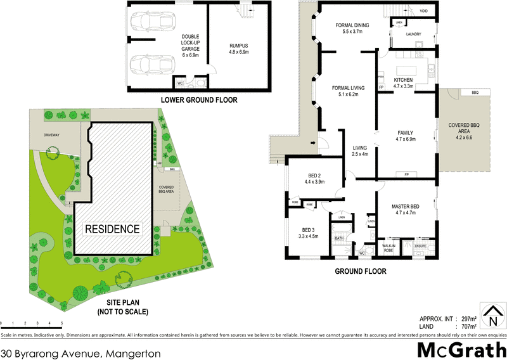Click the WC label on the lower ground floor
180,82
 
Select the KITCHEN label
403,79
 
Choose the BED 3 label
309,233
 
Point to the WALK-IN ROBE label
389,248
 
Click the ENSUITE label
421,246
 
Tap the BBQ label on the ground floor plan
475,93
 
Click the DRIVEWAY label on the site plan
52,135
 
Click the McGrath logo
460,350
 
